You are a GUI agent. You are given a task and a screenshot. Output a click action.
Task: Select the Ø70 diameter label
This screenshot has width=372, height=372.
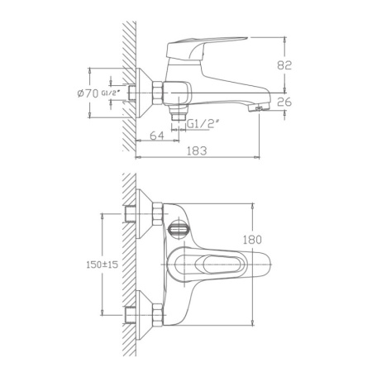pos(88,93)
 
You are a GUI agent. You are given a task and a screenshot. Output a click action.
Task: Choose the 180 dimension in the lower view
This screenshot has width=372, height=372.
pos(253,240)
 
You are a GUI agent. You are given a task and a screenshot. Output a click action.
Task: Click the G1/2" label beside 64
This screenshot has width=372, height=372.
pos(203,123)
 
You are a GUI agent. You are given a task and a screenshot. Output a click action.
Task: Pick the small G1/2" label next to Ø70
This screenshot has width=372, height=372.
pos(112,93)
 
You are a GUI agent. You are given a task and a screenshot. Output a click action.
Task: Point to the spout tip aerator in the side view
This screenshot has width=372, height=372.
pos(257,107)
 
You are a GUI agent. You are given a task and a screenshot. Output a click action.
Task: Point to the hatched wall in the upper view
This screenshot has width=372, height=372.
pos(128,83)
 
